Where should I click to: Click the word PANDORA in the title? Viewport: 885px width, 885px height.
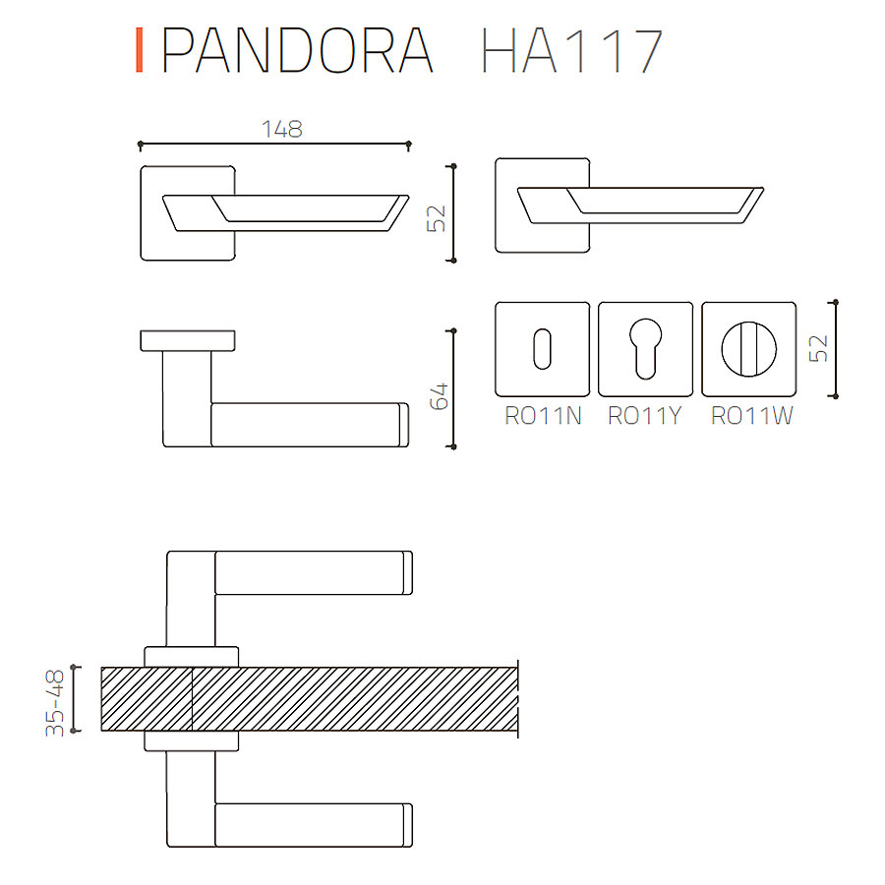(x=297, y=50)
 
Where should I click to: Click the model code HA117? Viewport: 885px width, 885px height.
(x=571, y=50)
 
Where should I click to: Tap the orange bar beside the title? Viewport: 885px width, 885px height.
(x=140, y=50)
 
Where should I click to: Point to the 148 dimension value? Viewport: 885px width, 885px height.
(x=281, y=129)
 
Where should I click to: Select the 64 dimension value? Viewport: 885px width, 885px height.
(x=439, y=395)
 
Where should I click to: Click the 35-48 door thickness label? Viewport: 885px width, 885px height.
(x=55, y=702)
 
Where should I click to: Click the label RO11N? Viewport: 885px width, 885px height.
(x=543, y=416)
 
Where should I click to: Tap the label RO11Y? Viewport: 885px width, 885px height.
(x=644, y=416)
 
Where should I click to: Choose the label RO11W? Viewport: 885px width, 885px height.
(x=752, y=416)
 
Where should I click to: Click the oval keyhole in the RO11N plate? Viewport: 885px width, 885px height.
(x=542, y=349)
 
